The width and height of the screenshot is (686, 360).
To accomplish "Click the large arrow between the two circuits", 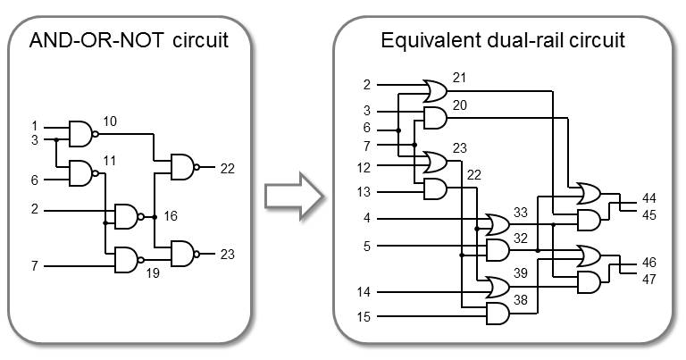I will [x=291, y=197].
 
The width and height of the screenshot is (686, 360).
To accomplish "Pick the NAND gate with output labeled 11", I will [x=81, y=172].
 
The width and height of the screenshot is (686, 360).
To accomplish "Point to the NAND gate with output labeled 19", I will [x=128, y=259].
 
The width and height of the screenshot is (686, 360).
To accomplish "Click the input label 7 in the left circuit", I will [x=36, y=265].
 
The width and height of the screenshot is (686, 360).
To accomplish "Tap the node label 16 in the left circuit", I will [x=171, y=216].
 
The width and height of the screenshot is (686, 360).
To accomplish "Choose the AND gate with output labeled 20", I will [x=435, y=118].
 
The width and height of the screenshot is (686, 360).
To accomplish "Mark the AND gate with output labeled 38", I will [x=497, y=313].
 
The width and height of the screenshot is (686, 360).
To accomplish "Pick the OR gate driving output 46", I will [x=590, y=255].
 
